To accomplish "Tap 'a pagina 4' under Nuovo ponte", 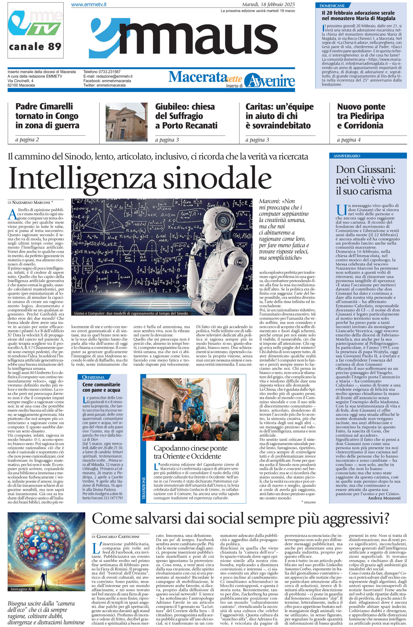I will pyautogui.click(x=349, y=140).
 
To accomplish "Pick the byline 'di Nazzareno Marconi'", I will pyautogui.click(x=31, y=202).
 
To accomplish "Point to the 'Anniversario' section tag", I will pyautogui.click(x=345, y=156).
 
